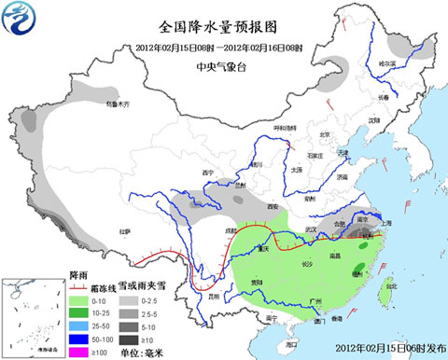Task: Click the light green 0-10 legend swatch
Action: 80,299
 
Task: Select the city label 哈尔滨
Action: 386,62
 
